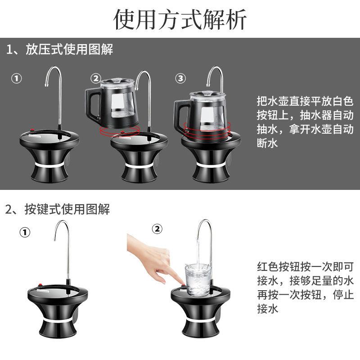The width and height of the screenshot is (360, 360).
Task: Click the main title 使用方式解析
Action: point(180,19)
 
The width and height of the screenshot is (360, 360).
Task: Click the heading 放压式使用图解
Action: point(69,49)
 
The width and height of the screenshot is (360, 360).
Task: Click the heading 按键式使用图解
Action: point(67,209)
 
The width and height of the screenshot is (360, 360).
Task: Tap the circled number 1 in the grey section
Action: point(17,78)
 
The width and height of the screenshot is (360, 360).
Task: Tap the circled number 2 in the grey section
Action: point(96,78)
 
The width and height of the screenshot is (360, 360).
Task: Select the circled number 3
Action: point(180,78)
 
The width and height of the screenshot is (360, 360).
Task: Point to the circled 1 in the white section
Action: point(25,232)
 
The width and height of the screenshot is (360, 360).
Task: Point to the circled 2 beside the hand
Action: point(157,229)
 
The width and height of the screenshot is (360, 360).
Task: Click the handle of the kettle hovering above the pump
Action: point(92,104)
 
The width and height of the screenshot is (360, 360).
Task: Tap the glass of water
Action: point(198,279)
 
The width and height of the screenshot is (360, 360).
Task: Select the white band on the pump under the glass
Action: point(200,320)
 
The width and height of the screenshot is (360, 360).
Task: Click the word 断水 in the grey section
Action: point(267,143)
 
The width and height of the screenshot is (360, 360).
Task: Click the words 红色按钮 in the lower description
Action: point(278,266)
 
